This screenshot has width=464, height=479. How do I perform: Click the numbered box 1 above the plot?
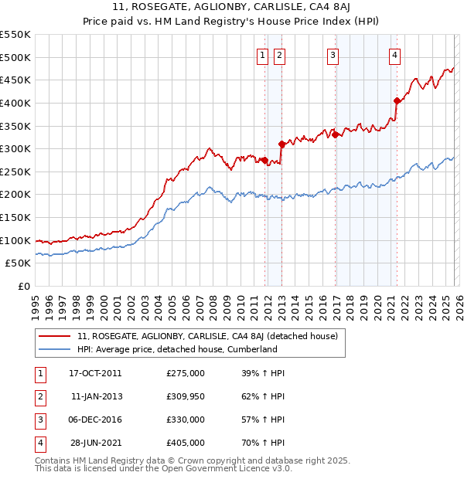[x=263, y=55]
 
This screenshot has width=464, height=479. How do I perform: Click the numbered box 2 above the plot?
[x=278, y=55]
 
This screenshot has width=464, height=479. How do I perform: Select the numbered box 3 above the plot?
[x=333, y=55]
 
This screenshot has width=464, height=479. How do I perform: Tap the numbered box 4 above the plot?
[x=394, y=55]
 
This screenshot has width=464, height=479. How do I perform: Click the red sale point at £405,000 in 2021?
[x=397, y=100]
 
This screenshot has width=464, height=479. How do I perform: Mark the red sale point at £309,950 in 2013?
[x=281, y=144]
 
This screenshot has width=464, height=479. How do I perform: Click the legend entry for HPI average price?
[x=177, y=349]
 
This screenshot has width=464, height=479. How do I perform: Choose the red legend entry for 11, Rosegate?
[x=207, y=336]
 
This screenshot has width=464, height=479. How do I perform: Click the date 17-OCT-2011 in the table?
[x=95, y=373]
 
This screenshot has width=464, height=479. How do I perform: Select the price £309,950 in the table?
[x=186, y=396]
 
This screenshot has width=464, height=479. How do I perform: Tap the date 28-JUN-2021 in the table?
[x=95, y=443]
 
